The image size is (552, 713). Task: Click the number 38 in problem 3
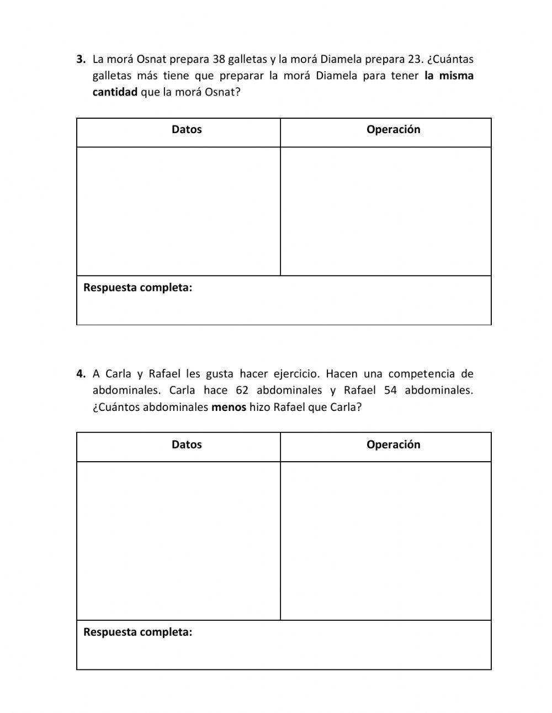pyautogui.click(x=219, y=59)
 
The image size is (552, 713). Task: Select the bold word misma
pyautogui.click(x=457, y=76)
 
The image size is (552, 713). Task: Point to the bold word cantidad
pyautogui.click(x=115, y=92)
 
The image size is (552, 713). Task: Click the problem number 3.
pyautogui.click(x=81, y=59)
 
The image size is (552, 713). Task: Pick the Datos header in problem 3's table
pyautogui.click(x=187, y=130)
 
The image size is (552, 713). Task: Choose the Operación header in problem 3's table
pyautogui.click(x=393, y=130)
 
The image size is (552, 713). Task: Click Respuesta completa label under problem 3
pyautogui.click(x=137, y=288)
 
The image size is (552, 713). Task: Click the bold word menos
pyautogui.click(x=229, y=408)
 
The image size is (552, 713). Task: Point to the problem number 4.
pyautogui.click(x=81, y=374)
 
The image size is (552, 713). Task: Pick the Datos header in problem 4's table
pyautogui.click(x=187, y=445)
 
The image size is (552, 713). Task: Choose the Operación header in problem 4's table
pyautogui.click(x=393, y=445)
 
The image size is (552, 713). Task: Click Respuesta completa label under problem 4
pyautogui.click(x=137, y=632)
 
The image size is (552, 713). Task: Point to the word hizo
pyautogui.click(x=260, y=408)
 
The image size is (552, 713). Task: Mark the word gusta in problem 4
pyautogui.click(x=220, y=374)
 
